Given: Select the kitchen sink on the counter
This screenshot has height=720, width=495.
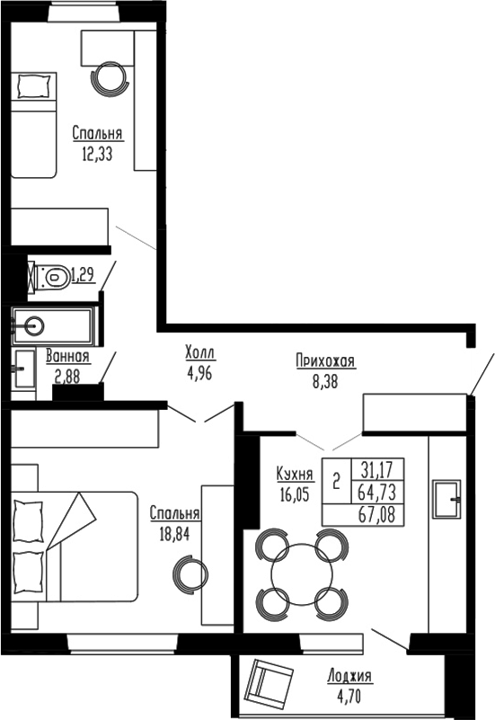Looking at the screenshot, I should [x=446, y=495].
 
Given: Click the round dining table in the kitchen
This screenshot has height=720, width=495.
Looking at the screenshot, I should [x=301, y=572].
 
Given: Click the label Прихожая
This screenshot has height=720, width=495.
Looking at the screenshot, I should [x=325, y=361].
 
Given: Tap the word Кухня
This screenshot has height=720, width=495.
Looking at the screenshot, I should [x=296, y=474].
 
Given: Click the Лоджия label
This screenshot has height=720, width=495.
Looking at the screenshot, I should [x=350, y=677].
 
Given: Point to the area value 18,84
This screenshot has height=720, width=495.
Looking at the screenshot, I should [x=174, y=531].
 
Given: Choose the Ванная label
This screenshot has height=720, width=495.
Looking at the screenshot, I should [x=68, y=357].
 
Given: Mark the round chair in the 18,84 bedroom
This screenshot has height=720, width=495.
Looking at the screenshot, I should [x=190, y=572].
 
